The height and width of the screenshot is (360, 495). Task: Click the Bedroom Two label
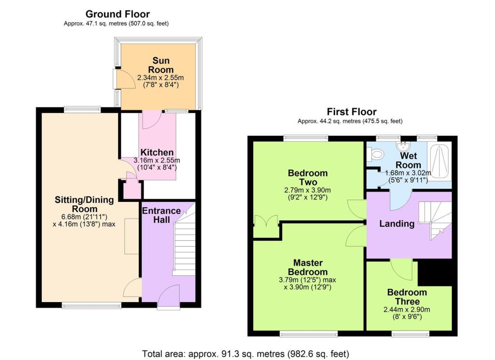pyautogui.click(x=308, y=177)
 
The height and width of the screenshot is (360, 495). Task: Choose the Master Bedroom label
pyautogui.click(x=308, y=267)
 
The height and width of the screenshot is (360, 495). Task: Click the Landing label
pyautogui.click(x=397, y=224)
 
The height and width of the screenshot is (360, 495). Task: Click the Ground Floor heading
pyautogui.click(x=117, y=14)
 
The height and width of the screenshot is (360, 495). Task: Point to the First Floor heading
pyautogui.click(x=351, y=112)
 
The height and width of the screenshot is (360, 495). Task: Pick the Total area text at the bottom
pyautogui.click(x=246, y=354)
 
